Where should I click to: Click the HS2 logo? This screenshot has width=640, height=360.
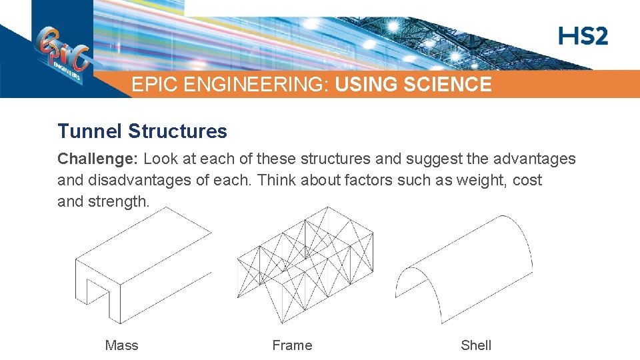point(583,36)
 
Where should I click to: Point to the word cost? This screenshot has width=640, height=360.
point(527,180)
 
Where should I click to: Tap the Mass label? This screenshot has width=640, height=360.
point(121,345)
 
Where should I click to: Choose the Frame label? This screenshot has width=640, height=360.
point(292,345)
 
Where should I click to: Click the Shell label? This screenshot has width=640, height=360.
point(476,345)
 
